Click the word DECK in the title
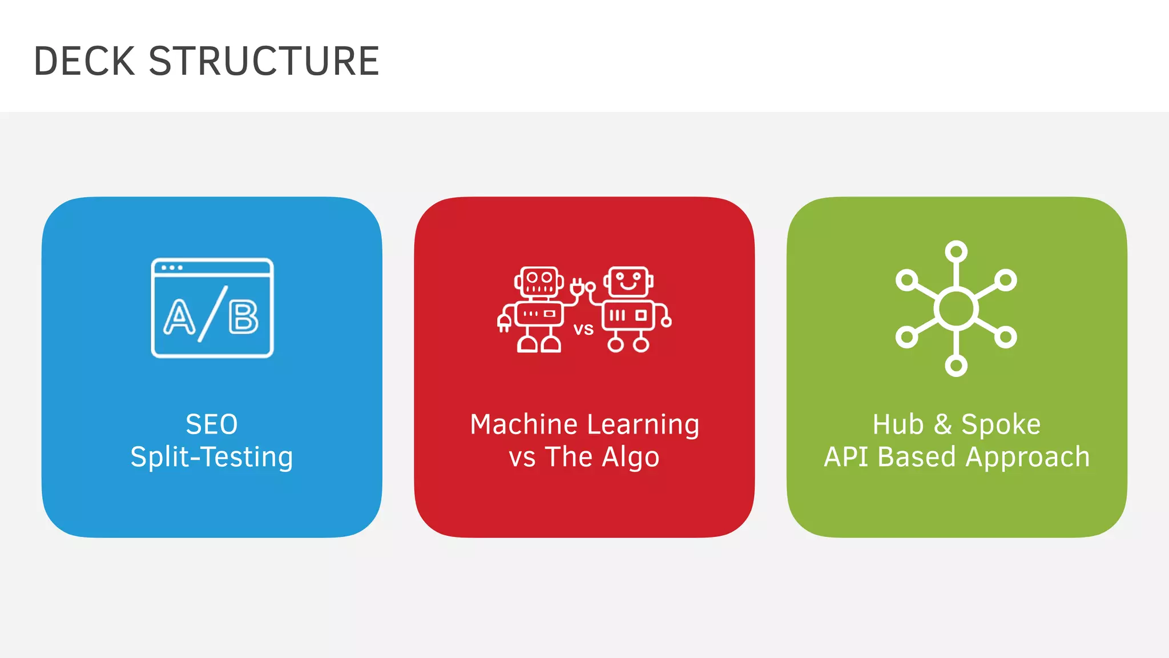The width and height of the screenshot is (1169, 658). click(x=84, y=61)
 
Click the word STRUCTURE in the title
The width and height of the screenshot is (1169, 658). click(x=264, y=61)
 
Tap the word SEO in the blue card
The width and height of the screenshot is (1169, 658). click(x=212, y=424)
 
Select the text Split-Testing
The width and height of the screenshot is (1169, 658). click(x=212, y=457)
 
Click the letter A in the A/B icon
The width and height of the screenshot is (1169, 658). click(x=179, y=317)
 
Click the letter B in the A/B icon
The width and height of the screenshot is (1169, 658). click(x=244, y=317)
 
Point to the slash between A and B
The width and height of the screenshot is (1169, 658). click(x=212, y=314)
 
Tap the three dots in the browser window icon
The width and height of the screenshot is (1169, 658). click(x=172, y=268)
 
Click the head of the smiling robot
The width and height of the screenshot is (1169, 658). click(x=628, y=281)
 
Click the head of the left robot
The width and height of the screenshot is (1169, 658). click(x=539, y=281)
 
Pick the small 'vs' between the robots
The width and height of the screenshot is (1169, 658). click(x=583, y=329)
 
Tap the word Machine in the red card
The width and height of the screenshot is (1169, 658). click(x=524, y=424)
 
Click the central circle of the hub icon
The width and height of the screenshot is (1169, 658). click(x=956, y=308)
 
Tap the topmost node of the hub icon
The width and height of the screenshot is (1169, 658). click(x=956, y=251)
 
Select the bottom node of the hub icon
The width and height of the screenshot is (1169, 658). click(x=956, y=366)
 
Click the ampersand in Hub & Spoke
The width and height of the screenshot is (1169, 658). click(x=942, y=424)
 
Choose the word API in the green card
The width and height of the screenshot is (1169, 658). click(x=846, y=457)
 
